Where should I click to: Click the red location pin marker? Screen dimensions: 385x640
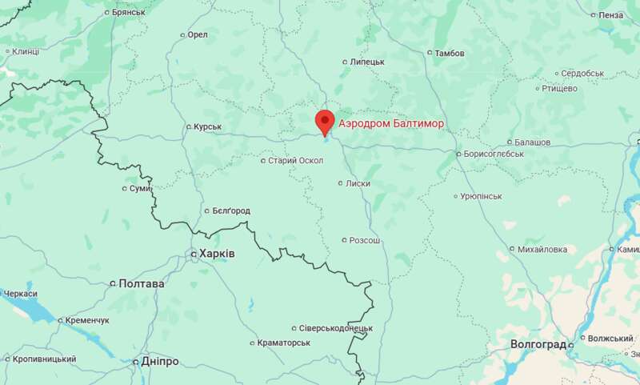click(325, 122)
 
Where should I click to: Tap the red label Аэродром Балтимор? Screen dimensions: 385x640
click(390, 124)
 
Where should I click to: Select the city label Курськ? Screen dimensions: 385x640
click(207, 126)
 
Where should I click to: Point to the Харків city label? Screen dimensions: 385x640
click(217, 254)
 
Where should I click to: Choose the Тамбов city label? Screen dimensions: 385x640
click(450, 54)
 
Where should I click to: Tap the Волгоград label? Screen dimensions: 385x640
click(538, 344)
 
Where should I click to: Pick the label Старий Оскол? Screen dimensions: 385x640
click(295, 161)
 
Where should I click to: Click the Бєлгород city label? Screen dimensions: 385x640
click(231, 211)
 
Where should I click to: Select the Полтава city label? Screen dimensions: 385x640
click(142, 283)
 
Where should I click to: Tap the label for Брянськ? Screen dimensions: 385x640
click(129, 13)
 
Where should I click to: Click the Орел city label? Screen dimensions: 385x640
click(197, 35)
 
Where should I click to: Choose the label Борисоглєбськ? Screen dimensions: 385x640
click(494, 154)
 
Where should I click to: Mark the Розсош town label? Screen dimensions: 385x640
click(366, 240)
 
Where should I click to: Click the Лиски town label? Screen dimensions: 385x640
click(358, 183)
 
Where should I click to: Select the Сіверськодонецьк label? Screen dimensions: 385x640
click(336, 328)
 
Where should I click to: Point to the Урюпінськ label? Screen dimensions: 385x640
click(481, 196)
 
